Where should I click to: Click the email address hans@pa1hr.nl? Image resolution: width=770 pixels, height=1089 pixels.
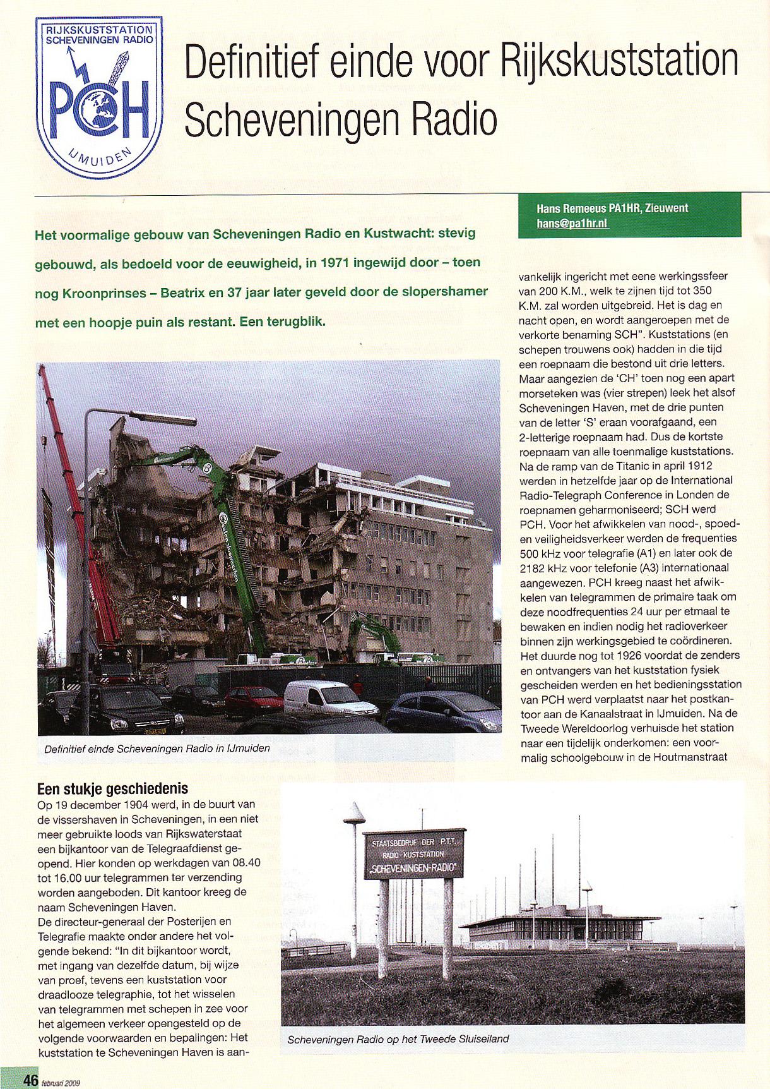pyautogui.click(x=571, y=223)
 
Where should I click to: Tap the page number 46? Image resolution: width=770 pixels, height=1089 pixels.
pyautogui.click(x=30, y=1080)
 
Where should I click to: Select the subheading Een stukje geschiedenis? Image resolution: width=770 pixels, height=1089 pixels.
pyautogui.click(x=112, y=789)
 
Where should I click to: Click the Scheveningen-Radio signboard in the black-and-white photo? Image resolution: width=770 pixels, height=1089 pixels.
pyautogui.click(x=414, y=855)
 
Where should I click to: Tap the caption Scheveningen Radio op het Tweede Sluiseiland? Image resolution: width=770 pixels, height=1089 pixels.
pyautogui.click(x=398, y=1039)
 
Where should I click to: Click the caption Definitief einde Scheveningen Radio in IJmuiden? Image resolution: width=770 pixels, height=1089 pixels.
pyautogui.click(x=157, y=749)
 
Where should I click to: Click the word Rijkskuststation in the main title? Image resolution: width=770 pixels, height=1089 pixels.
pyautogui.click(x=619, y=61)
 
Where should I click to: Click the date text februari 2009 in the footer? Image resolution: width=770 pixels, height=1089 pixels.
pyautogui.click(x=61, y=1082)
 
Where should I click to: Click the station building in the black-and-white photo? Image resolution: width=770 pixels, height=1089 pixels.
pyautogui.click(x=555, y=927)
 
